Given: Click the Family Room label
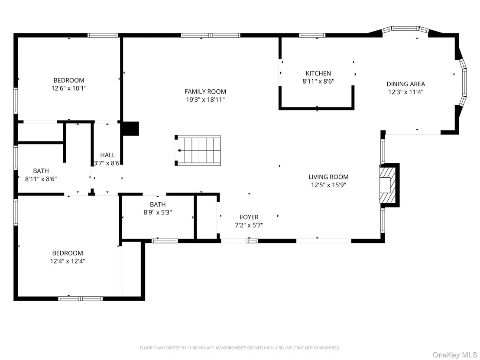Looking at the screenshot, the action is tap(205, 91).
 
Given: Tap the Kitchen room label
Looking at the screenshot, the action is tap(318, 74).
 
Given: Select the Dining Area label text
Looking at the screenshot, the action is tap(405, 84).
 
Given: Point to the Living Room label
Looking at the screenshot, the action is tap(328, 177).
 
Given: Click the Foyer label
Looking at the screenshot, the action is tap(249, 217).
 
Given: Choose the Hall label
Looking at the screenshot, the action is tap(108, 155).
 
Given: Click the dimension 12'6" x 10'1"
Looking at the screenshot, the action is tap(69, 88).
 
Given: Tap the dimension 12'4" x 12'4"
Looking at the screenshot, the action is tap(68, 261).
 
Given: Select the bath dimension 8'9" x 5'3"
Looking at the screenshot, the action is tap(158, 212).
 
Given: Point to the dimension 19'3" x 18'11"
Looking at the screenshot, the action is tap(205, 100).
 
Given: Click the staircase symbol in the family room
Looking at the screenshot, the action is tap(198, 150).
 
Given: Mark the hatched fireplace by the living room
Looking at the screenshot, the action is tap(386, 185).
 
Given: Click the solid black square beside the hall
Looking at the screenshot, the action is tap(131, 129).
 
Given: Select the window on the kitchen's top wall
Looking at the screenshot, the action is tap(312, 35).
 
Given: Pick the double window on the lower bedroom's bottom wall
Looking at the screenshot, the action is tap(81, 298).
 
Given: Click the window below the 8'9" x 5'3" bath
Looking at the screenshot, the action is tap(165, 241).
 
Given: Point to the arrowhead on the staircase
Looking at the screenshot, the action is tap(179, 150).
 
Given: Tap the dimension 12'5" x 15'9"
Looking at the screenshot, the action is tap(328, 185).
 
